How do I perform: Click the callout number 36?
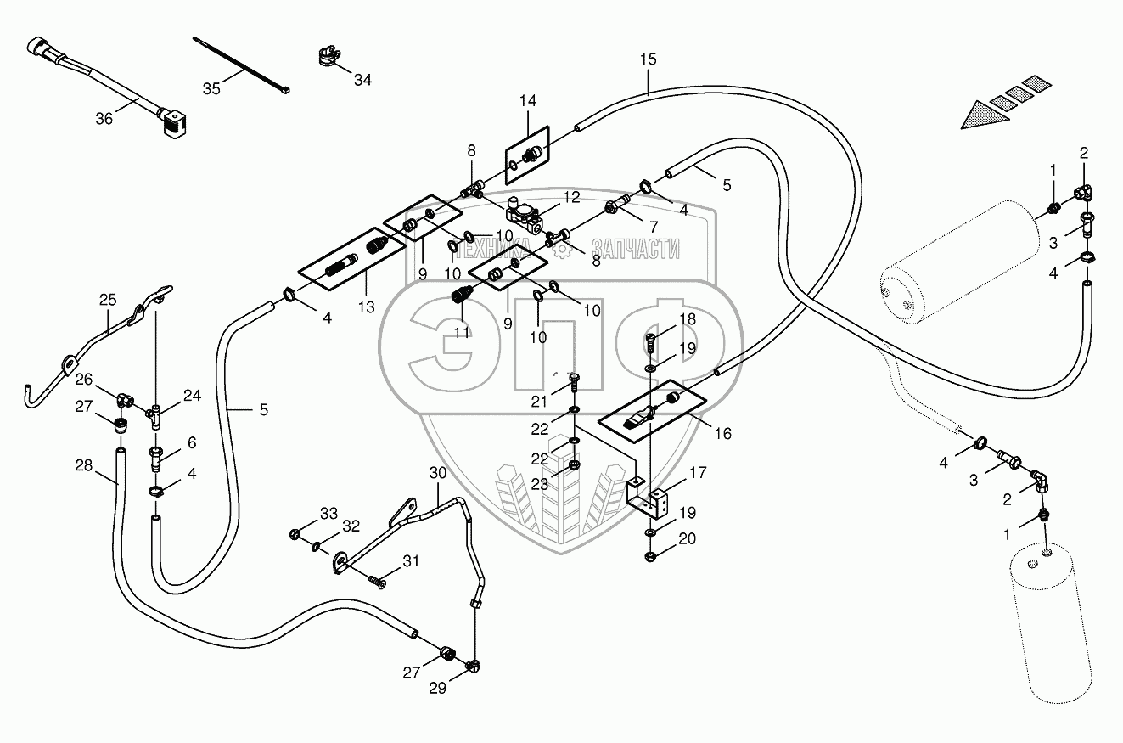tap(104, 119)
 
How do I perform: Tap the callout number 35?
tap(211, 87)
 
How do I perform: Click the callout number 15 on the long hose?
tap(649, 59)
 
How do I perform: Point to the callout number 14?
tap(528, 101)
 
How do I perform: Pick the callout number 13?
tap(366, 307)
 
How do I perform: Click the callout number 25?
tap(108, 300)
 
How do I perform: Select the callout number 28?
tap(82, 465)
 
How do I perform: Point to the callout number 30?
tap(436, 474)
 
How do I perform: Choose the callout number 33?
tap(328, 513)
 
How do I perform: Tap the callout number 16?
tap(722, 433)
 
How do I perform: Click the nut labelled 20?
tap(649, 556)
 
